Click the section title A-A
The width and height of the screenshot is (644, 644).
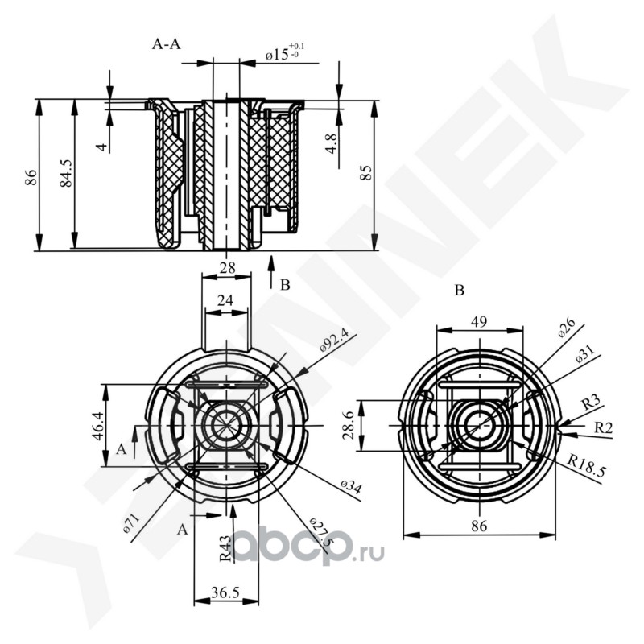[x=167, y=44]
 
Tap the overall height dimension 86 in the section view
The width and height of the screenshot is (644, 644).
[x=31, y=177]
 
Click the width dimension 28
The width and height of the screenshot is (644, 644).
[x=226, y=267]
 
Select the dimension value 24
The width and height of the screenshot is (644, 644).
[x=226, y=300]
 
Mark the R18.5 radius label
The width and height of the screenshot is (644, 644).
[x=586, y=464]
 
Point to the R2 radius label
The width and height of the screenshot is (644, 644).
[x=603, y=428]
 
